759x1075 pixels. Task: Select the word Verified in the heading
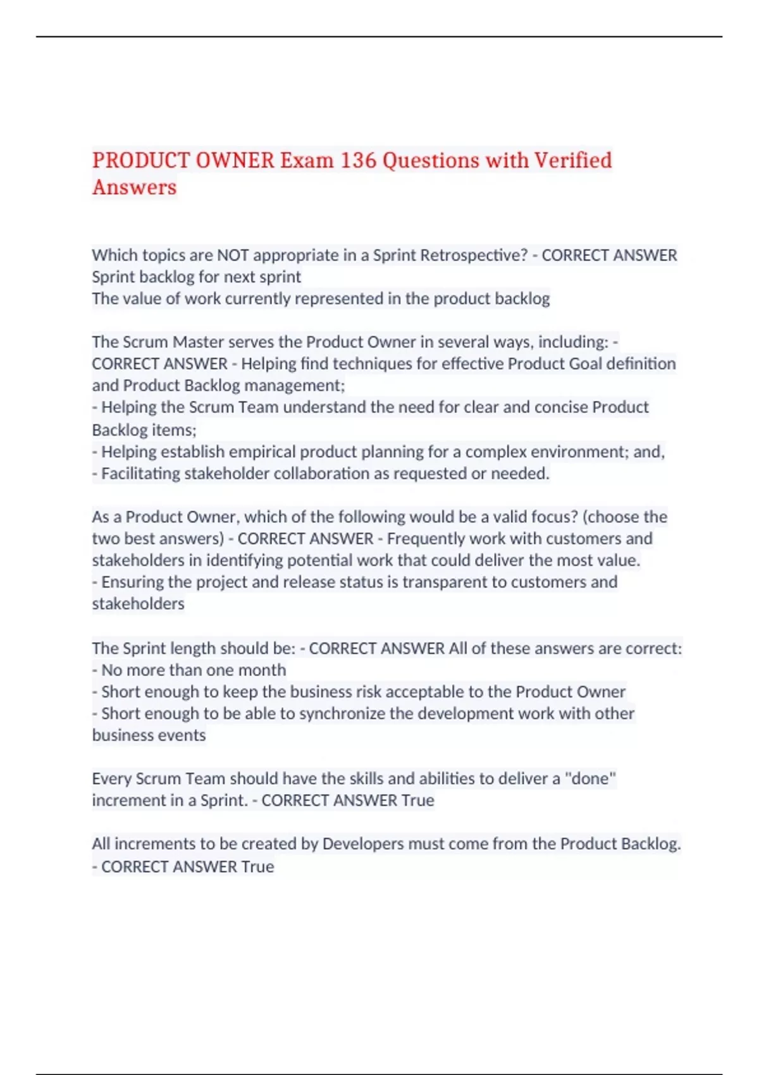pyautogui.click(x=573, y=160)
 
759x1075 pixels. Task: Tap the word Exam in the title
pyautogui.click(x=307, y=160)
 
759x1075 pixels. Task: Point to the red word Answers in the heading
pyautogui.click(x=134, y=187)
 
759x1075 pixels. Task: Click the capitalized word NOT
pyautogui.click(x=233, y=255)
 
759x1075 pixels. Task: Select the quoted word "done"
pyautogui.click(x=589, y=778)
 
